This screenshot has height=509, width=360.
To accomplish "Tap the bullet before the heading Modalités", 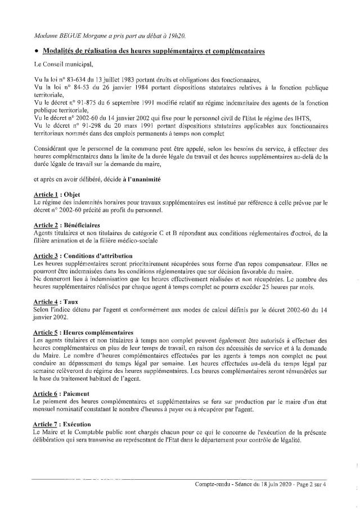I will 36,52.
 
